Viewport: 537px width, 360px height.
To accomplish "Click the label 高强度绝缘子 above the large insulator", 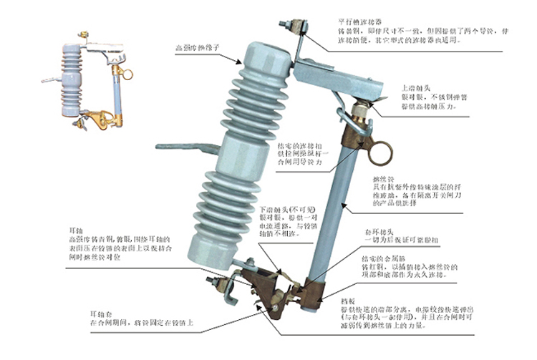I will [x=197, y=49].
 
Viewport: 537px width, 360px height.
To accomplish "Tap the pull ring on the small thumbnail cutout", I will [x=127, y=74].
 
